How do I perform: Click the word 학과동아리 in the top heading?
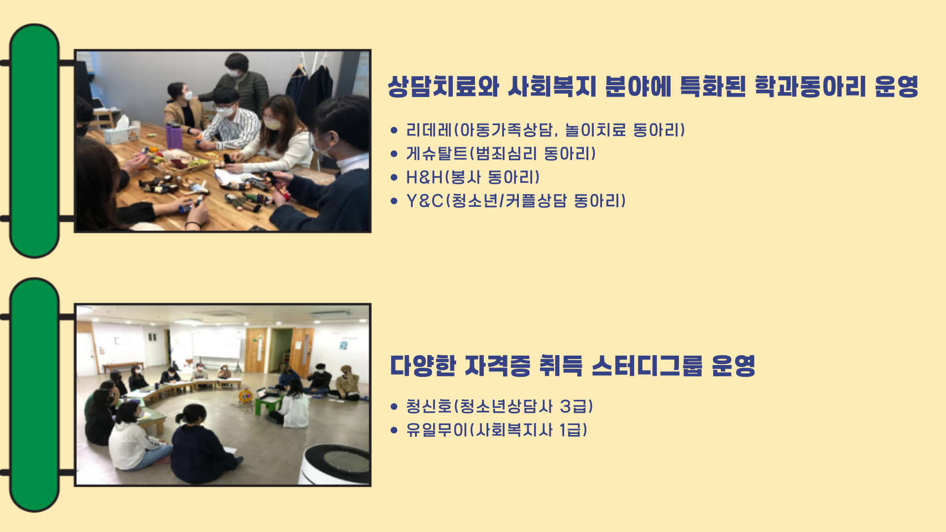pos(810,87)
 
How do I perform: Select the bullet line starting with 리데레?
pos(545,130)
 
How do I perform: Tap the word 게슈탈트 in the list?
pos(437,154)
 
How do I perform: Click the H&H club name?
pos(424,177)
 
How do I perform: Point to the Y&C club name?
pos(425,201)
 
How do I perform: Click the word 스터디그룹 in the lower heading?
pos(646,366)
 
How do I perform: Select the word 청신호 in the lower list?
pos(429,406)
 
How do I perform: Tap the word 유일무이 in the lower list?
pos(437,430)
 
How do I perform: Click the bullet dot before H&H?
pos(394,177)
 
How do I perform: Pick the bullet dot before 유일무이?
pos(394,430)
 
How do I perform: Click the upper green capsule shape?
pos(34,141)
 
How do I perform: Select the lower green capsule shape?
pos(34,395)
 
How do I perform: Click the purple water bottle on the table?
pos(173,135)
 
